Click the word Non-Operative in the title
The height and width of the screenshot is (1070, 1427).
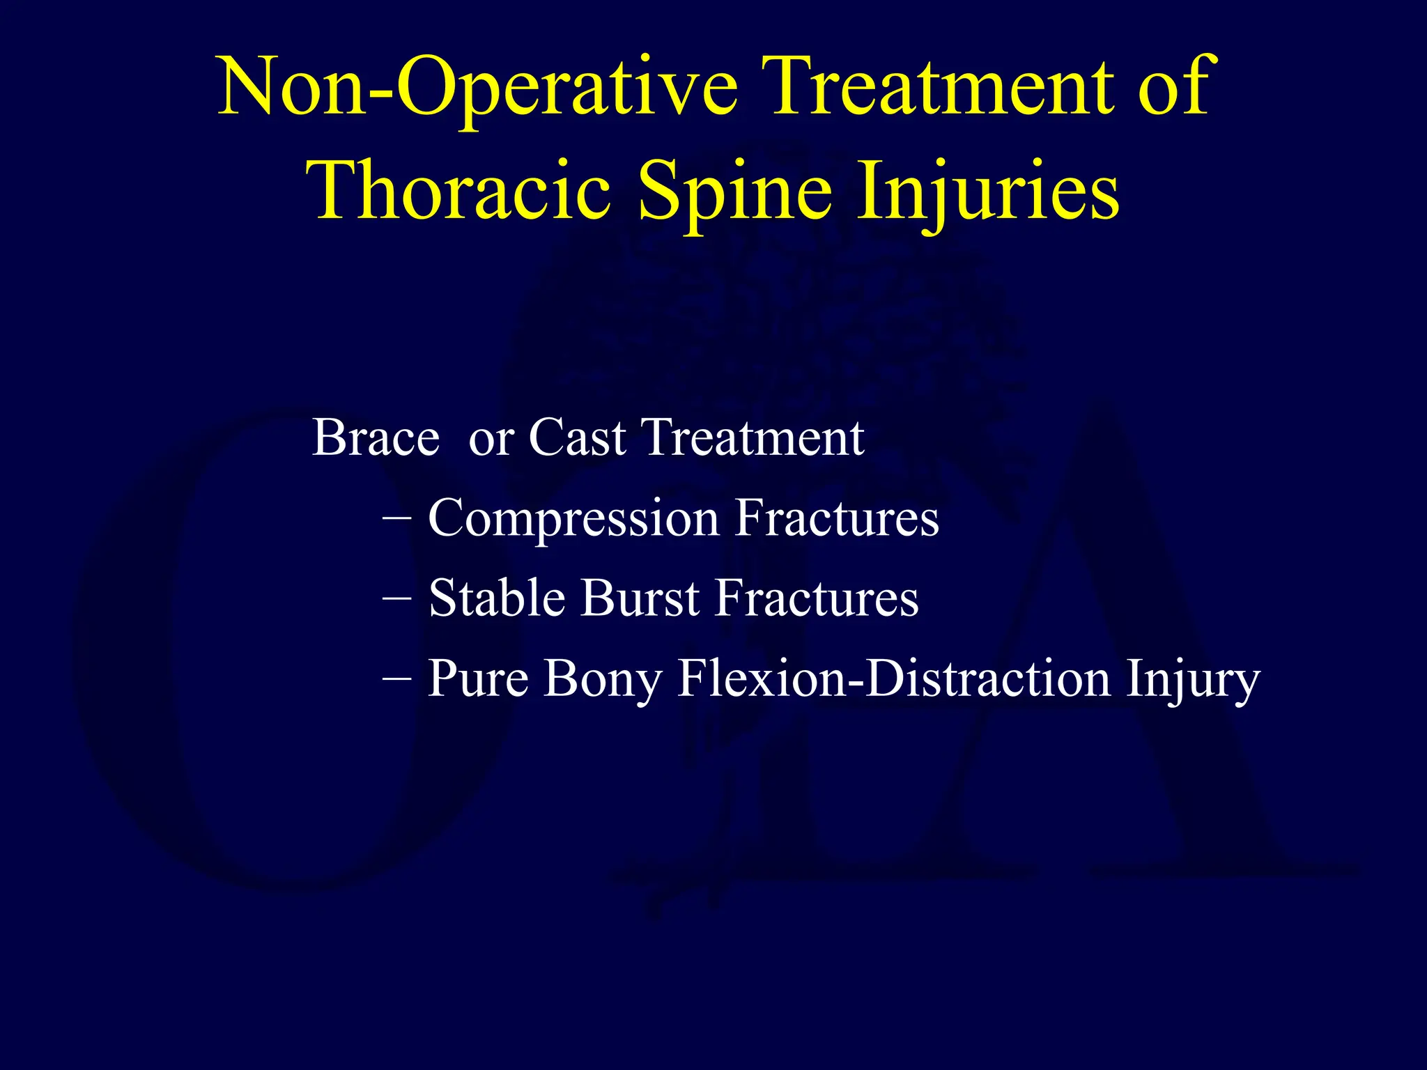(x=477, y=89)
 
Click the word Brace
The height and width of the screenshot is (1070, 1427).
(x=376, y=438)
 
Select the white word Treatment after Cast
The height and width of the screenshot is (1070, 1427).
(x=753, y=438)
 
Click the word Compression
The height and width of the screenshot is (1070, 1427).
(x=573, y=520)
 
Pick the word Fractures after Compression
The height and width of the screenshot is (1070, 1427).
(x=837, y=518)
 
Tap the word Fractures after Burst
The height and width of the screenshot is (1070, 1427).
(x=817, y=598)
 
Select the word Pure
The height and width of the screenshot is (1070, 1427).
(x=478, y=679)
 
